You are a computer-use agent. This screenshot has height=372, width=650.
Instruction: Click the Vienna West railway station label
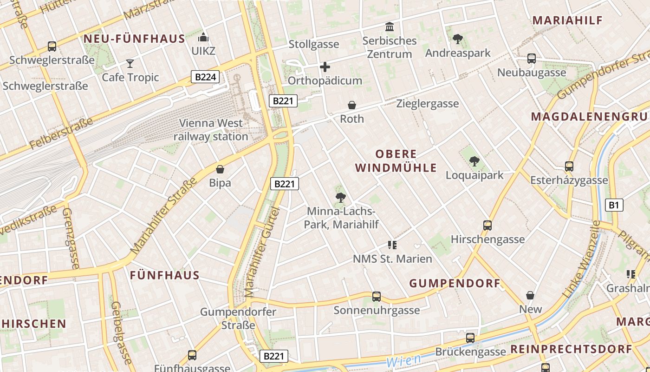tap(211, 130)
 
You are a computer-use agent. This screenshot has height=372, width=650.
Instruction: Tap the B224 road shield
tap(205, 77)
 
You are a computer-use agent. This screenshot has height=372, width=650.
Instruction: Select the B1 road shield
tap(614, 205)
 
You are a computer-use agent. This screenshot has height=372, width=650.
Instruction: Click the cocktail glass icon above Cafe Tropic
tap(130, 64)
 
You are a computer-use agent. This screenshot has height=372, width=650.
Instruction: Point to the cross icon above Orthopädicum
tap(325, 67)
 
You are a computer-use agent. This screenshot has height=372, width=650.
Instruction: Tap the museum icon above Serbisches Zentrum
tap(390, 27)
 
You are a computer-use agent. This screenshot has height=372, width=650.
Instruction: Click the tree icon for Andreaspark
tap(458, 39)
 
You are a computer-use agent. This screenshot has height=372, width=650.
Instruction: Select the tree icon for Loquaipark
tap(474, 161)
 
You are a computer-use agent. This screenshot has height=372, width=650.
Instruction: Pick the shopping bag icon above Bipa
tap(220, 169)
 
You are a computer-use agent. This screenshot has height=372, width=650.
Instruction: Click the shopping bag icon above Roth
tap(352, 105)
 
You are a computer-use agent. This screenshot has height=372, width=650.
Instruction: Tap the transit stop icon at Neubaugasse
tap(532, 59)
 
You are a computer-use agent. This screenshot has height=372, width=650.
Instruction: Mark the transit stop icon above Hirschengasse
tap(487, 226)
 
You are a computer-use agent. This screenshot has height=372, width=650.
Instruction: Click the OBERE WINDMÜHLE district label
tap(396, 161)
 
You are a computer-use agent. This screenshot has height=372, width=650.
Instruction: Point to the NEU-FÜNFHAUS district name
tap(134, 39)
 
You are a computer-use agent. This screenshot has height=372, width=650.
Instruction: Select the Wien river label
tap(403, 360)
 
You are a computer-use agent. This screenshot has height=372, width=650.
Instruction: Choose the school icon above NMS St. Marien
tap(392, 245)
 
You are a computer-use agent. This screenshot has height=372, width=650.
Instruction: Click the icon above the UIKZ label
tap(203, 37)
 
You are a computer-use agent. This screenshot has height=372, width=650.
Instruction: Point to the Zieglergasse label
tap(427, 104)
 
